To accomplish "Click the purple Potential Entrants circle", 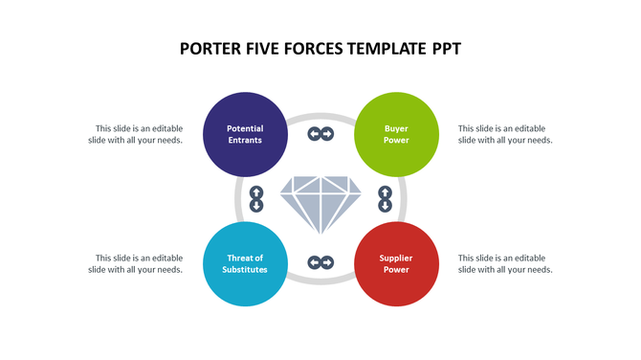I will tap(246, 134).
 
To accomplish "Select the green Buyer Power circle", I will tap(396, 134).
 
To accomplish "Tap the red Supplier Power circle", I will tap(396, 263).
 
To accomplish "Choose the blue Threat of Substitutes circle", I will tap(246, 263).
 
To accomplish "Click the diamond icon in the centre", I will tap(320, 202).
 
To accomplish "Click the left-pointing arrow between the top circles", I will tap(314, 134).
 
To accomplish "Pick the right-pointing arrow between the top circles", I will tap(327, 134).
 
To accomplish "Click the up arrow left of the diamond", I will tap(256, 192).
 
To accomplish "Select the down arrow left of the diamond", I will tap(256, 205).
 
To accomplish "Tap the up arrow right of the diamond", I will tap(386, 192).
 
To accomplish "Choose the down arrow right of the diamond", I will tap(386, 205).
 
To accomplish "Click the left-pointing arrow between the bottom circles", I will tap(314, 262).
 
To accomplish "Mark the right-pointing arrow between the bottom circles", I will tap(327, 262).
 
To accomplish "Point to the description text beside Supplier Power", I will tap(505, 263).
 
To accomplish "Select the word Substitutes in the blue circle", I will tap(246, 270).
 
